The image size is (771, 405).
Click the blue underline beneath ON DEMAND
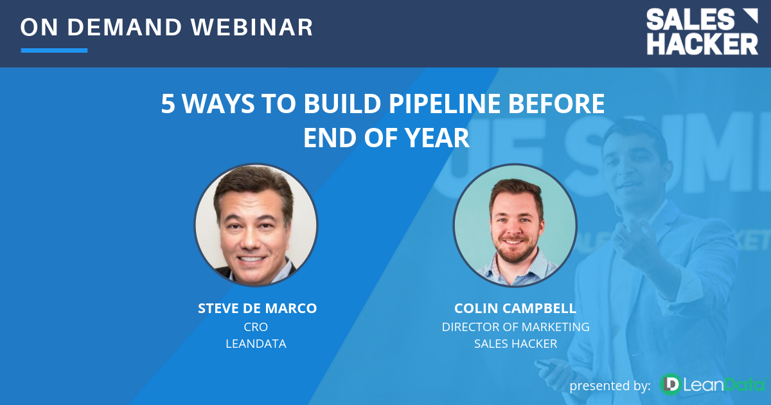[x=54, y=50]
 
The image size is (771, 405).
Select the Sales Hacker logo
[x=702, y=32]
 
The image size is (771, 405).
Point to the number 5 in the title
[x=168, y=104]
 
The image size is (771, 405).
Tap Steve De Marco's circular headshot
[x=256, y=224]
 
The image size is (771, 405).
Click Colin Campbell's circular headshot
[x=515, y=224]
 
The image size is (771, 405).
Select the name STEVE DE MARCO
[x=257, y=309]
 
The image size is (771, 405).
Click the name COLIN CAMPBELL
[x=515, y=309]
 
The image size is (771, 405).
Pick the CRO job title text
[x=256, y=327]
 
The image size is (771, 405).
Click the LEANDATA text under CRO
[x=256, y=344]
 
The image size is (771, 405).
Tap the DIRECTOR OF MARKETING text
[x=515, y=327]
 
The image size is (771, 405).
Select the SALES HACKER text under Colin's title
[x=515, y=344]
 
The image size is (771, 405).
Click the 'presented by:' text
[x=610, y=385]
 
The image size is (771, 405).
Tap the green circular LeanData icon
[x=671, y=384]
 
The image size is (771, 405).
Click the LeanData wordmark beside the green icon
[x=723, y=385]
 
